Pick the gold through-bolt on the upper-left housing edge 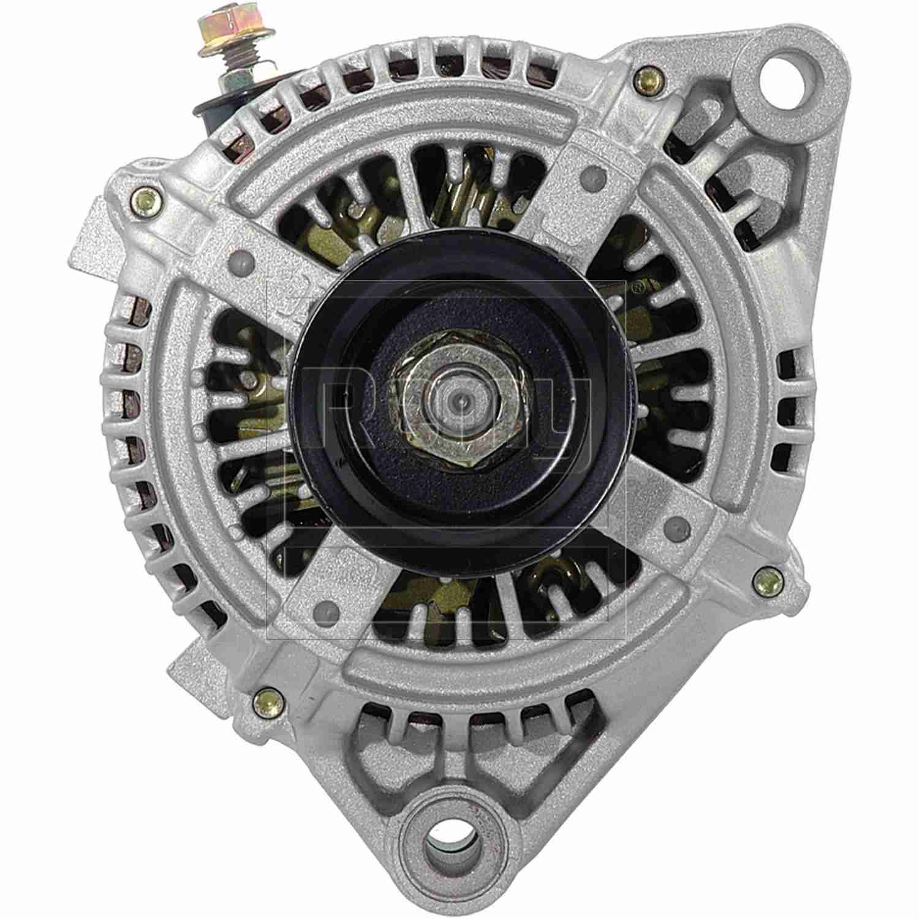[x=145, y=197]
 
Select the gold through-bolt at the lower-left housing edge [x=265, y=697]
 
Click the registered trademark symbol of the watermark [x=637, y=286]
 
